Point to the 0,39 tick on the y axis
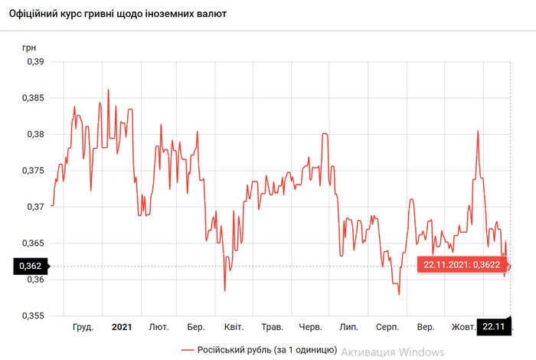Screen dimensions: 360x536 [x=36, y=62]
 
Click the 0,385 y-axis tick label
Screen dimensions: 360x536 [x=34, y=98]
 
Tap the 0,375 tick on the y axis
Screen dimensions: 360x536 [x=34, y=171]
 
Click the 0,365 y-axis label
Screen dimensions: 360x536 [x=34, y=244]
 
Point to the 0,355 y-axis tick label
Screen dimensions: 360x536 [x=34, y=316]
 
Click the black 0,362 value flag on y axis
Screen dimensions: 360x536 [x=30, y=267]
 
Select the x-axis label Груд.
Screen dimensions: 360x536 [x=83, y=327]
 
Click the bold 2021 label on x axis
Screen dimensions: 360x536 [x=122, y=327]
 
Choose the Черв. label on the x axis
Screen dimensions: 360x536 [x=311, y=327]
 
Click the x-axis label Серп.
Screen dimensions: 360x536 [x=387, y=327]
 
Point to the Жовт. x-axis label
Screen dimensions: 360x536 [x=464, y=327]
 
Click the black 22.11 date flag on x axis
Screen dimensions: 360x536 [x=494, y=327]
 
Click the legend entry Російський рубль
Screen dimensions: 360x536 [x=260, y=350]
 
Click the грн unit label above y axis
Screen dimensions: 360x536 [x=30, y=47]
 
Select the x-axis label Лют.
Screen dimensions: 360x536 [x=159, y=327]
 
